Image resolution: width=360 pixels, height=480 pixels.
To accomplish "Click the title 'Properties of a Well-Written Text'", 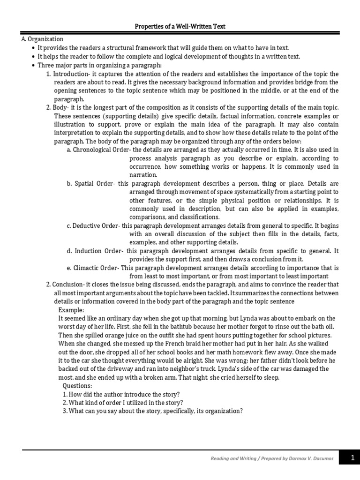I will [x=180, y=27].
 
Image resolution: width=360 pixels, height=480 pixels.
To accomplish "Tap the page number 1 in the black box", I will [x=352, y=458].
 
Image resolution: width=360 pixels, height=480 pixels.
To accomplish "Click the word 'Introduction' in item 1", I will [x=69, y=74].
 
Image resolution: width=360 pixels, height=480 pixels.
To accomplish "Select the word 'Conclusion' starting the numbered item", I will [x=68, y=285].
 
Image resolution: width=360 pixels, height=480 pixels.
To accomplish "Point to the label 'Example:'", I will [x=71, y=310].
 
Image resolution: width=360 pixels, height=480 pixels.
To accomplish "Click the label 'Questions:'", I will [x=77, y=386].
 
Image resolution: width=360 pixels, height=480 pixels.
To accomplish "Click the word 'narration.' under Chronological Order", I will [x=143, y=175].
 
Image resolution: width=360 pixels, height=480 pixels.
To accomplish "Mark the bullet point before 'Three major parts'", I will [x=32, y=66].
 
